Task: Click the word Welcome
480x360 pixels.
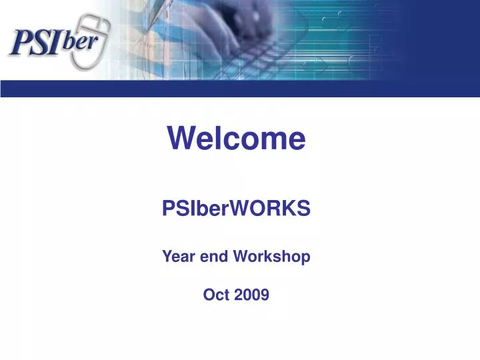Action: (x=236, y=139)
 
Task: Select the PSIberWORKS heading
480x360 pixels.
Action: (x=236, y=209)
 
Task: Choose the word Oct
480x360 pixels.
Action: (x=216, y=294)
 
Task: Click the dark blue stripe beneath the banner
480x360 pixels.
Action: (x=240, y=89)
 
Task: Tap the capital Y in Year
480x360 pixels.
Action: (x=168, y=255)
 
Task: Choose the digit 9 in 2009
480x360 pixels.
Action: (x=265, y=294)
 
